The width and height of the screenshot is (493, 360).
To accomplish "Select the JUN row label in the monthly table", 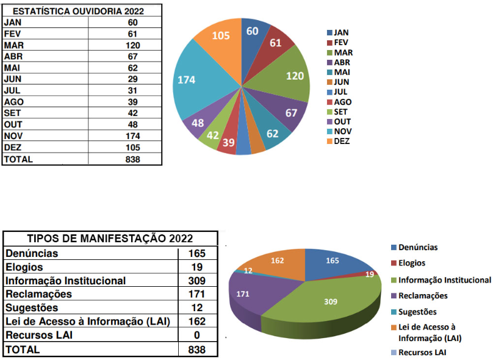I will pyautogui.click(x=13, y=79).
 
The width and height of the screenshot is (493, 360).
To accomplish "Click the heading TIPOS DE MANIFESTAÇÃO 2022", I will pyautogui.click(x=110, y=239).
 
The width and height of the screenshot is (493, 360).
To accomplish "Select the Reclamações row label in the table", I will pyautogui.click(x=38, y=294).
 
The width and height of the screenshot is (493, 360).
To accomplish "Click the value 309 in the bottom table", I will pyautogui.click(x=197, y=281).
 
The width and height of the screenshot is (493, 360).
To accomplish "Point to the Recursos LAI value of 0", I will pyautogui.click(x=197, y=335).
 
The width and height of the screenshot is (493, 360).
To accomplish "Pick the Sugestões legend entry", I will pyautogui.click(x=419, y=311).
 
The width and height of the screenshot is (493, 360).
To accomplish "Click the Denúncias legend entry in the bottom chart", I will pyautogui.click(x=417, y=248).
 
